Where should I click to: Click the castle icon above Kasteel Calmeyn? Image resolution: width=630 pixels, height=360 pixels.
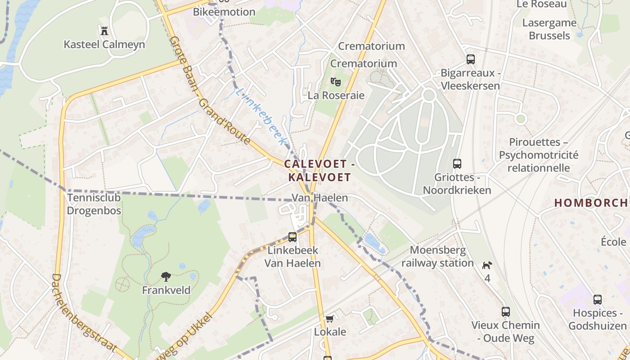pyautogui.click(x=104, y=31)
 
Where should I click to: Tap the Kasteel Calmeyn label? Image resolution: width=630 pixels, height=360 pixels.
pyautogui.click(x=104, y=45)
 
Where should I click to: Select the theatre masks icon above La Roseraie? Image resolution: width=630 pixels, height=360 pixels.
pyautogui.click(x=335, y=82)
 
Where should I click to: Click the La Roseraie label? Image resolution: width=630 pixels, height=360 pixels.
pyautogui.click(x=336, y=95)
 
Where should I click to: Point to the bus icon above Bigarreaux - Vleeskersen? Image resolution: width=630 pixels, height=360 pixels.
pyautogui.click(x=470, y=59)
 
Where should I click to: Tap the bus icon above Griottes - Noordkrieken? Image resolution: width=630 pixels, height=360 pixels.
pyautogui.click(x=457, y=163)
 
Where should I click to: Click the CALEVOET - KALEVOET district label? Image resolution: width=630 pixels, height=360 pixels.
pyautogui.click(x=319, y=171)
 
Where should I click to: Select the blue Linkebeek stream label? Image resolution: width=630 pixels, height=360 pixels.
pyautogui.click(x=261, y=117)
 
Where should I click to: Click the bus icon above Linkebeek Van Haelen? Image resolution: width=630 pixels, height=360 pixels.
pyautogui.click(x=292, y=237)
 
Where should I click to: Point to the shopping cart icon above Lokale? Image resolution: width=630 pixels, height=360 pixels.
pyautogui.click(x=330, y=319)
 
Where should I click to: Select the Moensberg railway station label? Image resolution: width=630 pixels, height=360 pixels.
pyautogui.click(x=437, y=256)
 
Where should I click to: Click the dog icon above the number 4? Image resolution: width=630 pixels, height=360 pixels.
pyautogui.click(x=487, y=265)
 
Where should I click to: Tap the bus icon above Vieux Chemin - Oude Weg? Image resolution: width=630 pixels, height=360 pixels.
pyautogui.click(x=506, y=311)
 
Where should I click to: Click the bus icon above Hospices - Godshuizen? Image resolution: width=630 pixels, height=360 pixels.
pyautogui.click(x=597, y=299)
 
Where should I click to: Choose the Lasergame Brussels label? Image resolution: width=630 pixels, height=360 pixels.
pyautogui.click(x=549, y=29)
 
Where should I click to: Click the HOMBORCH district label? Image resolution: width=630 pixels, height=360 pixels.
pyautogui.click(x=591, y=203)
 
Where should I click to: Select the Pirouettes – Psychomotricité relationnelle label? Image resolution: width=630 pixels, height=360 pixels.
pyautogui.click(x=538, y=155)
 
